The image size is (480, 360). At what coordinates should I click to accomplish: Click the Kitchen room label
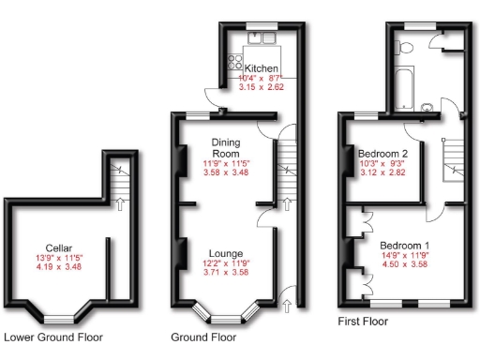(260, 68)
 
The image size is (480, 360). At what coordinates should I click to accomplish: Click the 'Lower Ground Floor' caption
(53, 337)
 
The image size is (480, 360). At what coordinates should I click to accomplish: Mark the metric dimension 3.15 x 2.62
(262, 88)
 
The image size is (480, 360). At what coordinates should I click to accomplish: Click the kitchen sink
(258, 37)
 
